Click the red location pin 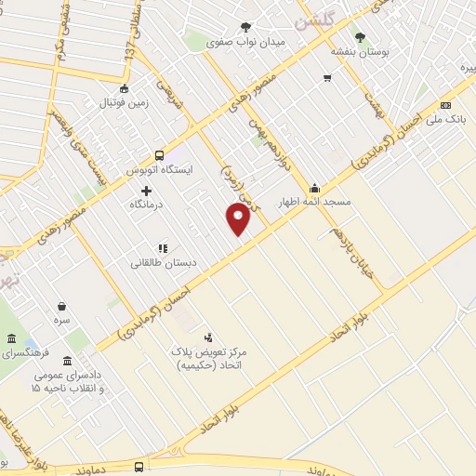239,218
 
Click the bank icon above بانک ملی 445,105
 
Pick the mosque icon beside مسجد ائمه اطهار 315,187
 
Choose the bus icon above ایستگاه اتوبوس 160,155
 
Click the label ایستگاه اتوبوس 163,170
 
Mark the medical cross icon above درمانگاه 146,190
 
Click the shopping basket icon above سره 61,305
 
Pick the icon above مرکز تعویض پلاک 208,337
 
